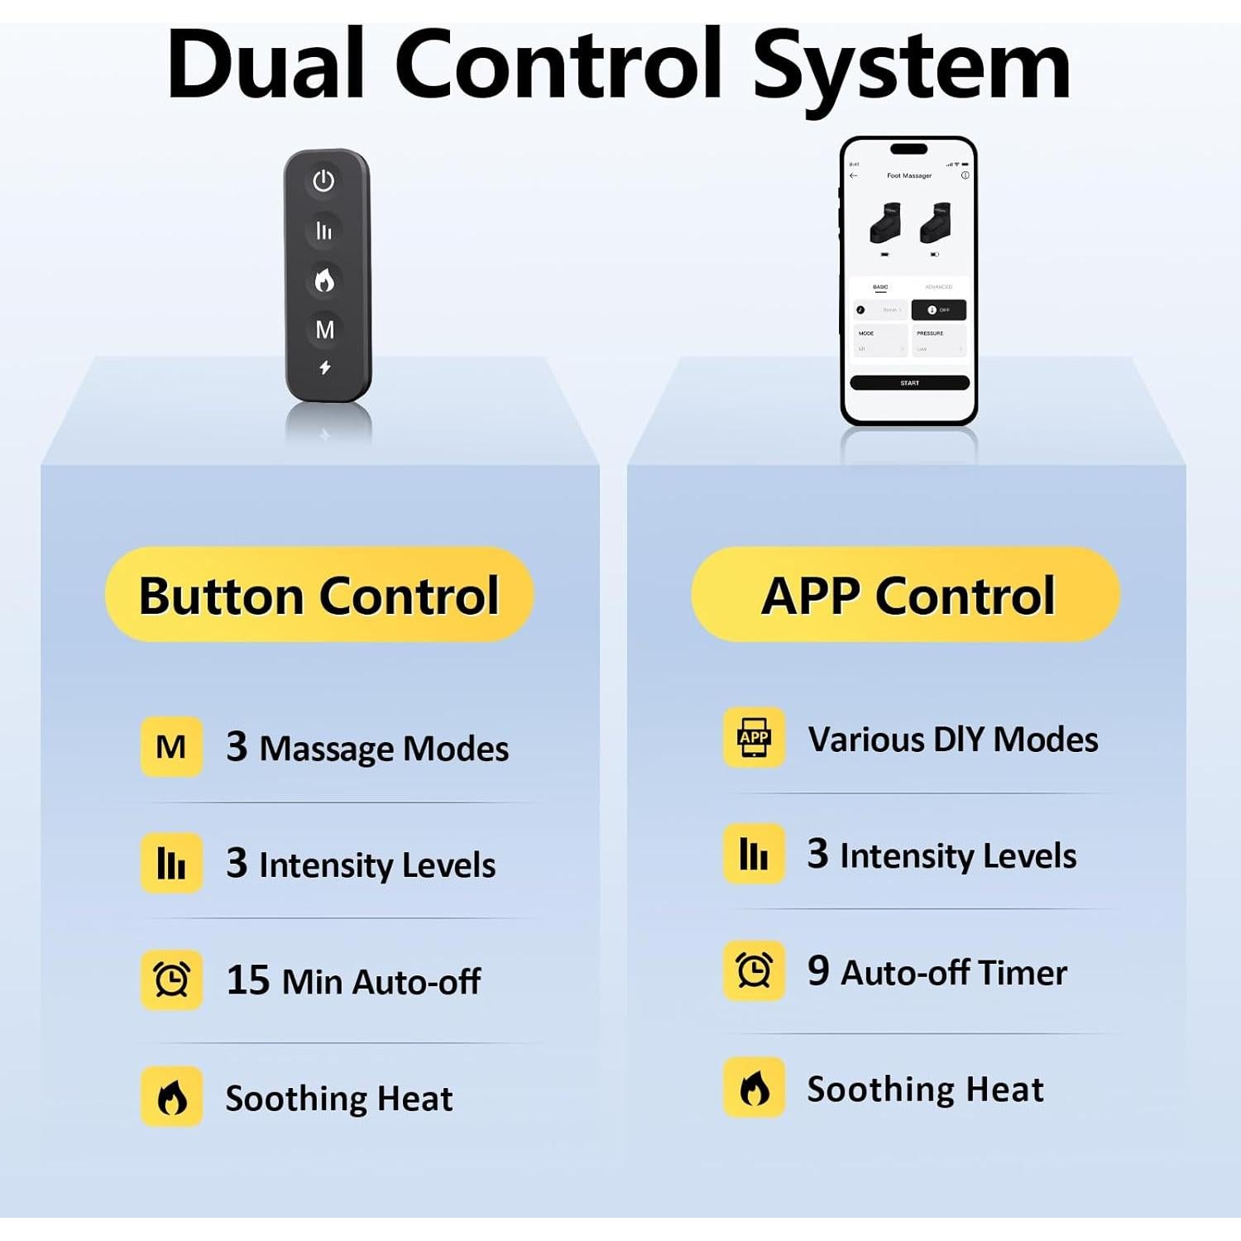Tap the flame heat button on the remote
[x=324, y=280]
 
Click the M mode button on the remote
[x=324, y=329]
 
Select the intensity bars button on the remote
[x=323, y=231]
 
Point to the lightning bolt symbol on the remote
[x=325, y=367]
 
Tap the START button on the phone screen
[x=909, y=383]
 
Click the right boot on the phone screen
[x=936, y=223]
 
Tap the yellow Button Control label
[x=319, y=595]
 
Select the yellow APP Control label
[x=906, y=595]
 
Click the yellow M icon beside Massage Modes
[x=171, y=747]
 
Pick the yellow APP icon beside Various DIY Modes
[x=754, y=737]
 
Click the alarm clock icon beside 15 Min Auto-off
[x=171, y=980]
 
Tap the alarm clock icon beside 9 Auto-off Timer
[x=754, y=970]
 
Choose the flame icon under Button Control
[x=171, y=1097]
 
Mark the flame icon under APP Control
[x=754, y=1088]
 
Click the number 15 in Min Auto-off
[x=247, y=980]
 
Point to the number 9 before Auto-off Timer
[x=818, y=970]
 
